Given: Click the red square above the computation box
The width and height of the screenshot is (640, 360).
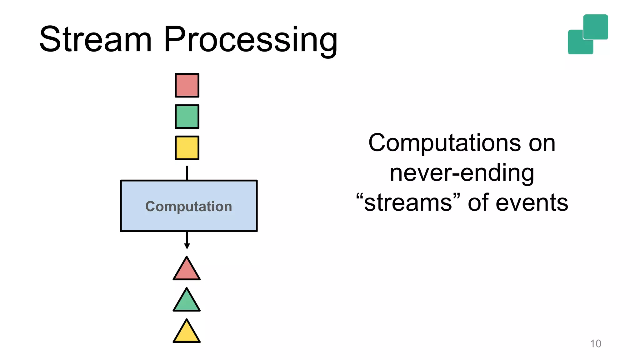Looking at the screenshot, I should (x=187, y=85).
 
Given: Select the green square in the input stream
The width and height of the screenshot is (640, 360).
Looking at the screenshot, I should (x=187, y=117).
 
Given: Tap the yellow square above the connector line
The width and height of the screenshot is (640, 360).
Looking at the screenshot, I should (x=187, y=148).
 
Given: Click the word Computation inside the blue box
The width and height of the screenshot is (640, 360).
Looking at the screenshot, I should (x=189, y=207).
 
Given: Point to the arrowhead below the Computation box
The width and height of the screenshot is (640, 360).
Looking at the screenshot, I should (x=187, y=246).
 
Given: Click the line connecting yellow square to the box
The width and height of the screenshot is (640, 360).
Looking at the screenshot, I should (x=187, y=173).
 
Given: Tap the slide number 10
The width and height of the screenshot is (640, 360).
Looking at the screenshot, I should (x=595, y=343).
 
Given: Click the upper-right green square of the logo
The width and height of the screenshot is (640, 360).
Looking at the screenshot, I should (x=596, y=26).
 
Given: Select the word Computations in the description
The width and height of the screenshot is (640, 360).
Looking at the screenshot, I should (x=444, y=143).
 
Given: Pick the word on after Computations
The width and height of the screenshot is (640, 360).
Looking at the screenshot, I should (x=542, y=143).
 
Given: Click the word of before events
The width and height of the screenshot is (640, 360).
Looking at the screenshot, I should (x=478, y=202).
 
